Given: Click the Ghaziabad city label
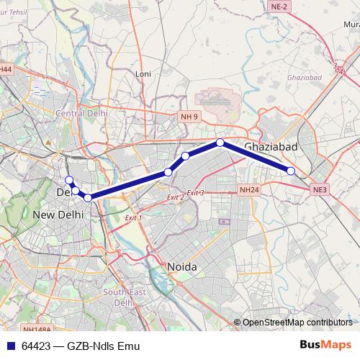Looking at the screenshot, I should coord(271,148).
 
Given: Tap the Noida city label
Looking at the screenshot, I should coord(182,266).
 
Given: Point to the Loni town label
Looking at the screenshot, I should coord(143,73).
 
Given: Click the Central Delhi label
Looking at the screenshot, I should coord(81,114).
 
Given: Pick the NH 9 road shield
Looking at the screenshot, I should coord(189,116).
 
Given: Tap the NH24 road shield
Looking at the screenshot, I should coord(248,190).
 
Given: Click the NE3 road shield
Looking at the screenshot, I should coord(320,189).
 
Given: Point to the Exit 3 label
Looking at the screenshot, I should coord(195,193).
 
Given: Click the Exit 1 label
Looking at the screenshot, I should coord(133,217).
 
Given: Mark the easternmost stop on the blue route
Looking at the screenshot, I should coord(291,171).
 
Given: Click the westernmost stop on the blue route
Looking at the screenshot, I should coord(69,180).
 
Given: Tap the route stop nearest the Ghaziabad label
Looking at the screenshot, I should coord(220,143).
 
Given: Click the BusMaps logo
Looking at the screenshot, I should coord(325,346).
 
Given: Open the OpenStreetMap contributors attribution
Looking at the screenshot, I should coord(297,323).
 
